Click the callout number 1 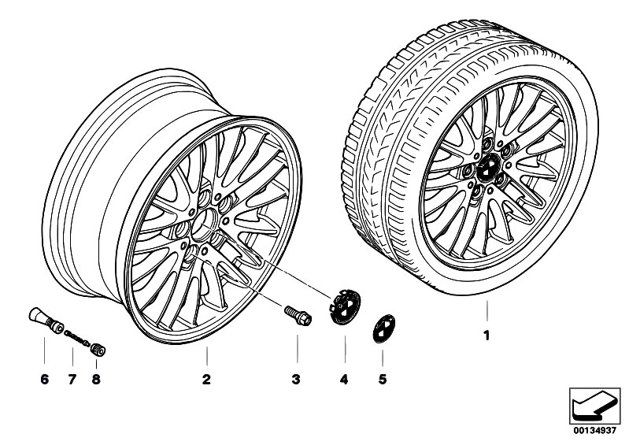(x=487, y=336)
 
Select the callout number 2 (x=206, y=379)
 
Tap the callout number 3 (x=296, y=379)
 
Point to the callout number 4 (x=344, y=379)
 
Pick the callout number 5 (x=383, y=379)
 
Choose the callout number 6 (x=45, y=379)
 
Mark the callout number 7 (x=72, y=379)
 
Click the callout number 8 (x=96, y=379)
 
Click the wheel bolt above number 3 (x=298, y=315)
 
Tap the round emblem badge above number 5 (x=384, y=328)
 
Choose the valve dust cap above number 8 (x=98, y=349)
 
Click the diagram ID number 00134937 (x=594, y=431)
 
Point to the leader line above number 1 (x=487, y=311)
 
